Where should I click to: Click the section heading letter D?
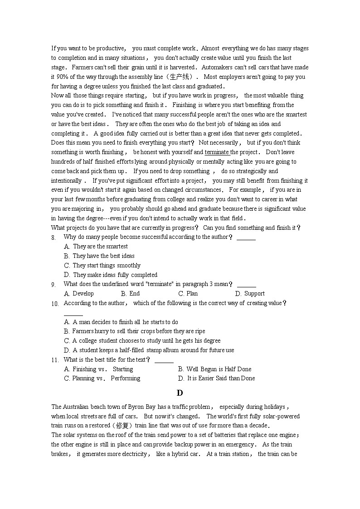[180, 393]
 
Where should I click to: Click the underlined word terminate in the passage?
[217, 152]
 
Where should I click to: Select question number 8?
[54, 238]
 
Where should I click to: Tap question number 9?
[54, 285]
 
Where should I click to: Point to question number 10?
[54, 304]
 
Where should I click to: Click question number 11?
[54, 360]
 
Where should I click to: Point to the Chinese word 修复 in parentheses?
[123, 426]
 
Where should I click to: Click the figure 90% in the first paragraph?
[62, 77]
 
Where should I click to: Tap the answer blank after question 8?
[246, 238]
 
